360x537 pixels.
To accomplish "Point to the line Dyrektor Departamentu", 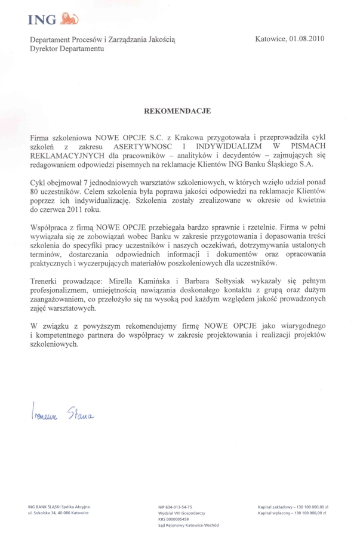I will (x=67, y=48).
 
